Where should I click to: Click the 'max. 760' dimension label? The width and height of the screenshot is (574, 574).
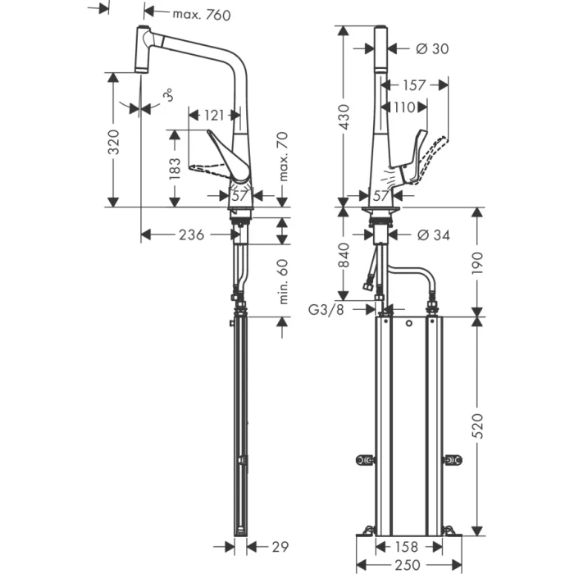(202, 14)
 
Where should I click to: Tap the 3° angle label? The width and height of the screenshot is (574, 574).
(168, 96)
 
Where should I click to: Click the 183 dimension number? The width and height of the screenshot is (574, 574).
(173, 169)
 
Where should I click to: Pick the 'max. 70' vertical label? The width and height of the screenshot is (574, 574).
(283, 157)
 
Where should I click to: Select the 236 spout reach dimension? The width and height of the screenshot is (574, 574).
(192, 235)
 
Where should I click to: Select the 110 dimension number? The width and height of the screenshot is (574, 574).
(403, 107)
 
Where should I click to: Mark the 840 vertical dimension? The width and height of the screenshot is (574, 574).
(344, 255)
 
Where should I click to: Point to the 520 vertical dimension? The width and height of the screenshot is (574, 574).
(479, 424)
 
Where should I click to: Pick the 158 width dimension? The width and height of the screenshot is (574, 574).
(407, 546)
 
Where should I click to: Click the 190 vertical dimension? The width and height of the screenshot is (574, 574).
(479, 262)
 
